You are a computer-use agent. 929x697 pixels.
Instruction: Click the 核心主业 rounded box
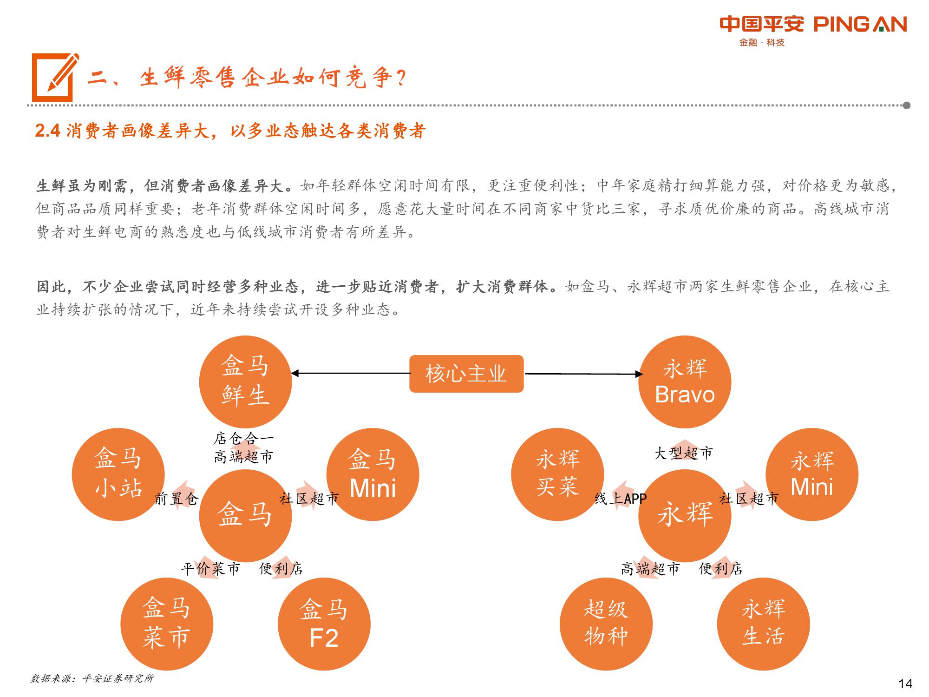tap(466, 374)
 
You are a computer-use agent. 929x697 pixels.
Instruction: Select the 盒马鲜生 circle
tap(245, 382)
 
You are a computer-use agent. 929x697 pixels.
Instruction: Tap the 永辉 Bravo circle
tap(685, 382)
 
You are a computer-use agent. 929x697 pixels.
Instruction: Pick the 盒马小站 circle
tap(118, 474)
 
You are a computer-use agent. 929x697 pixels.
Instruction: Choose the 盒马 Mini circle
tap(373, 474)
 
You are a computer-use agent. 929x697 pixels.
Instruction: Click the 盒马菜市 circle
tap(167, 624)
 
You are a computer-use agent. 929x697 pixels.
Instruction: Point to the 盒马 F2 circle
tap(324, 624)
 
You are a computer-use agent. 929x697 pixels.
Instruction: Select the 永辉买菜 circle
tap(557, 474)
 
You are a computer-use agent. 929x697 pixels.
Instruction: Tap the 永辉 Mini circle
tap(812, 474)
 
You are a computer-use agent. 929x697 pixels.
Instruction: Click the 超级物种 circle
tap(606, 624)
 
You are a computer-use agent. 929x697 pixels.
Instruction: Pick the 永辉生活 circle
tap(764, 624)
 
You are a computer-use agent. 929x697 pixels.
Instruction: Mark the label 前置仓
tap(176, 499)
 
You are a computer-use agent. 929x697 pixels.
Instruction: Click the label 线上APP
tap(621, 499)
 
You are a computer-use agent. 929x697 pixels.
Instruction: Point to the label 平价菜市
tap(210, 568)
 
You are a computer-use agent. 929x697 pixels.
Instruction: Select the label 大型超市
tap(683, 453)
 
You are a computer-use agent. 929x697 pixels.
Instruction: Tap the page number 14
tap(905, 684)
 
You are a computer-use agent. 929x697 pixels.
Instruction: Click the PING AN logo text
tap(860, 24)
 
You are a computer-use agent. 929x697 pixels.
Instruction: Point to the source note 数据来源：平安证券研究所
tap(92, 678)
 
